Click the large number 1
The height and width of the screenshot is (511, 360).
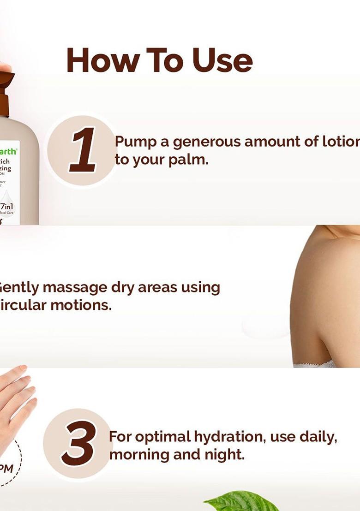pos(84,150)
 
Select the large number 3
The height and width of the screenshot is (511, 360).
pos(79,443)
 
